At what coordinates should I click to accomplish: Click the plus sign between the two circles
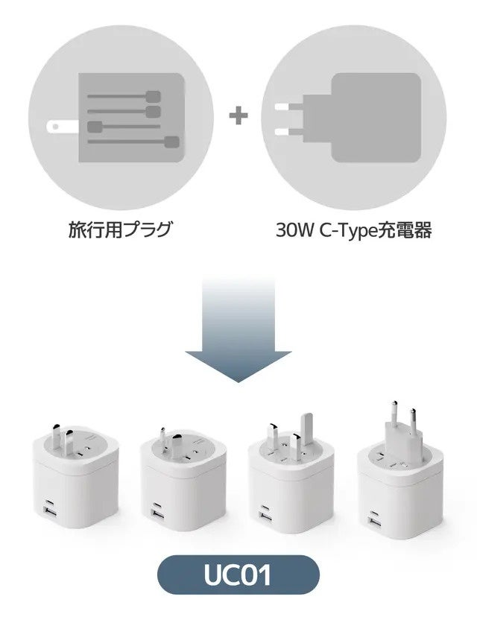pyautogui.click(x=238, y=116)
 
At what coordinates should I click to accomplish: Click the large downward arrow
pyautogui.click(x=238, y=328)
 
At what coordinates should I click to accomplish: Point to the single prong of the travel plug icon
pyautogui.click(x=59, y=126)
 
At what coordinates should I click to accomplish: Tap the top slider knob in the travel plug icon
pyautogui.click(x=154, y=96)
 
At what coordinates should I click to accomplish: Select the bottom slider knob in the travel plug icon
pyautogui.click(x=172, y=142)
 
